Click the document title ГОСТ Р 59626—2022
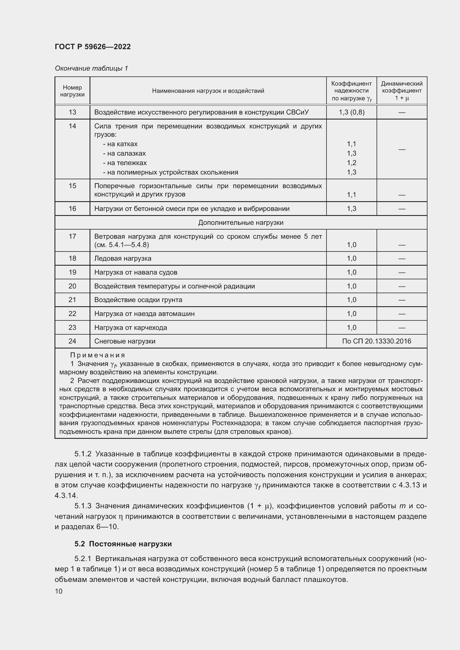coord(93,47)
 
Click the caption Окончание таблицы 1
coord(91,68)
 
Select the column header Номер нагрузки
coord(72,91)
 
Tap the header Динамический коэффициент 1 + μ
coord(401,91)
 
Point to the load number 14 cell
coord(72,126)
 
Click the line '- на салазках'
coord(124,153)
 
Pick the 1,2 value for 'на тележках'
coord(351,163)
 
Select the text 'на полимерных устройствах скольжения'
coord(172,172)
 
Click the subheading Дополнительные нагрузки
coord(241,223)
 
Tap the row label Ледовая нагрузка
coord(123,258)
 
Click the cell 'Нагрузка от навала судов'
coord(136,272)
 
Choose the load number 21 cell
coord(72,300)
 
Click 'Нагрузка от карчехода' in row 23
coord(131,328)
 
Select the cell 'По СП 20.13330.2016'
coord(377,341)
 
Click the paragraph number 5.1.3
coord(83,506)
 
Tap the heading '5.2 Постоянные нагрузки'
coord(123,544)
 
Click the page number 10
coord(59,591)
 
